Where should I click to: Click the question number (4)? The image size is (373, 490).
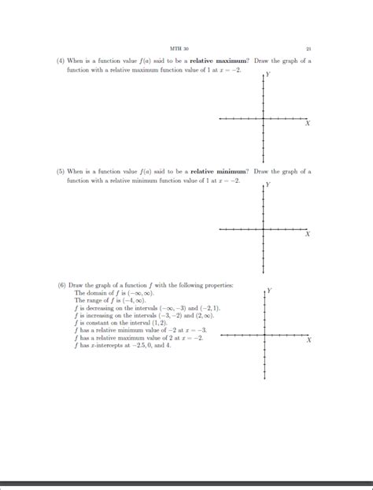(x=60, y=61)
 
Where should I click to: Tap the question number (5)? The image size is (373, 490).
(x=60, y=171)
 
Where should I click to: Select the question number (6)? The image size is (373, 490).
(x=60, y=284)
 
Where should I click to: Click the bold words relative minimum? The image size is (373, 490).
(x=219, y=171)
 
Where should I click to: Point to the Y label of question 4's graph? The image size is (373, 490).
(x=268, y=75)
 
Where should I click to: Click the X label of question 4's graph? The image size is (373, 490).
(x=308, y=124)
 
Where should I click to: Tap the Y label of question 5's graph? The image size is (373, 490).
(x=268, y=185)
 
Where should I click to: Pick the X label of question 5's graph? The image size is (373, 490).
(x=308, y=234)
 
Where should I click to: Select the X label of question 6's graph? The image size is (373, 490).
(x=308, y=340)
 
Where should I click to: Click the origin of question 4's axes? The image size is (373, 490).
(x=263, y=120)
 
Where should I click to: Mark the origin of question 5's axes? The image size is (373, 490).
(x=263, y=229)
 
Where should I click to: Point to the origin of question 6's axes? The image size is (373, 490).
(x=264, y=336)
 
